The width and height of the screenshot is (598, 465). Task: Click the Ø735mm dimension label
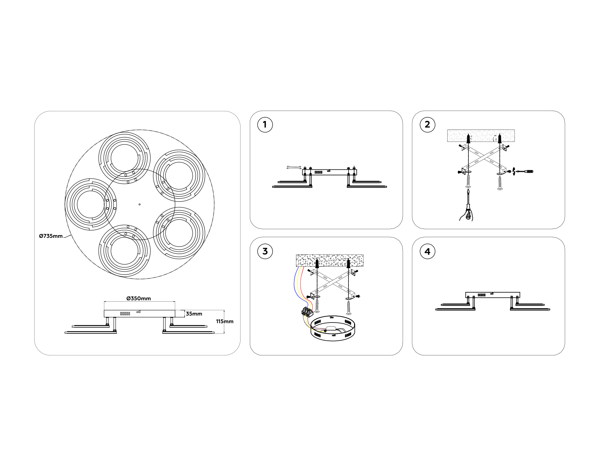51,236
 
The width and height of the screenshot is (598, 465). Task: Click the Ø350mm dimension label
139,298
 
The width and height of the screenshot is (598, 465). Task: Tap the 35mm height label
194,314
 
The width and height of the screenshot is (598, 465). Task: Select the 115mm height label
225,321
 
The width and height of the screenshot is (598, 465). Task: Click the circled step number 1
265,125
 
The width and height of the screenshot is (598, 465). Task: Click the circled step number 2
427,125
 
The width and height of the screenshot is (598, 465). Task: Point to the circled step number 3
265,251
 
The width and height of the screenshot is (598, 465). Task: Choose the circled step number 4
427,251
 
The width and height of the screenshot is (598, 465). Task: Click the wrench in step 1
294,167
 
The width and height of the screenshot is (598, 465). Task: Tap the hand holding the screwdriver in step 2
467,214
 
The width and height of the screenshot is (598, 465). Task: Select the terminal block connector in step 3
307,312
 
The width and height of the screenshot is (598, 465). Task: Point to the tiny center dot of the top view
140,204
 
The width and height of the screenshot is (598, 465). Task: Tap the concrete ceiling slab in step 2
481,136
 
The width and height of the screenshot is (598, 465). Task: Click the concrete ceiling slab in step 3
330,260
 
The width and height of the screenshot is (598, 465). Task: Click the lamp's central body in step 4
492,295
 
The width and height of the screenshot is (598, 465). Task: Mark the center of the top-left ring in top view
125,158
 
